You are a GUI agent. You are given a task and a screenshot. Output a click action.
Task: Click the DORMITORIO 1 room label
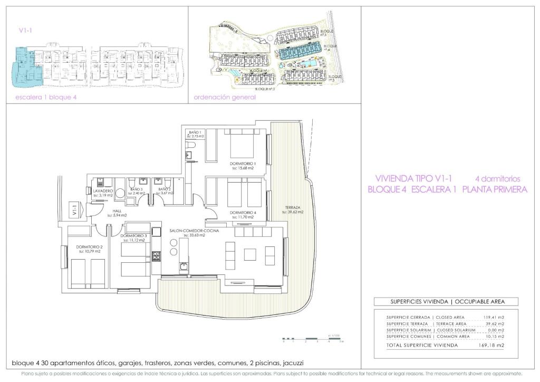tap(243, 164)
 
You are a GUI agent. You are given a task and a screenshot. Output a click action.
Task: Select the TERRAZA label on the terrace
tap(293, 207)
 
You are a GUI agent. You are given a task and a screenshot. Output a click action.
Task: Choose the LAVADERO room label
tap(103, 190)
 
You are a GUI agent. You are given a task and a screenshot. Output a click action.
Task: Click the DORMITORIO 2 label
tap(89, 247)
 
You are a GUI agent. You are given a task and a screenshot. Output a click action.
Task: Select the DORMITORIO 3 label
tap(133, 235)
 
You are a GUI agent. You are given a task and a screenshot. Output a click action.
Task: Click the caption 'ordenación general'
tap(225, 97)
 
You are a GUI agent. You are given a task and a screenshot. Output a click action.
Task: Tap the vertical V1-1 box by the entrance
tap(74, 209)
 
